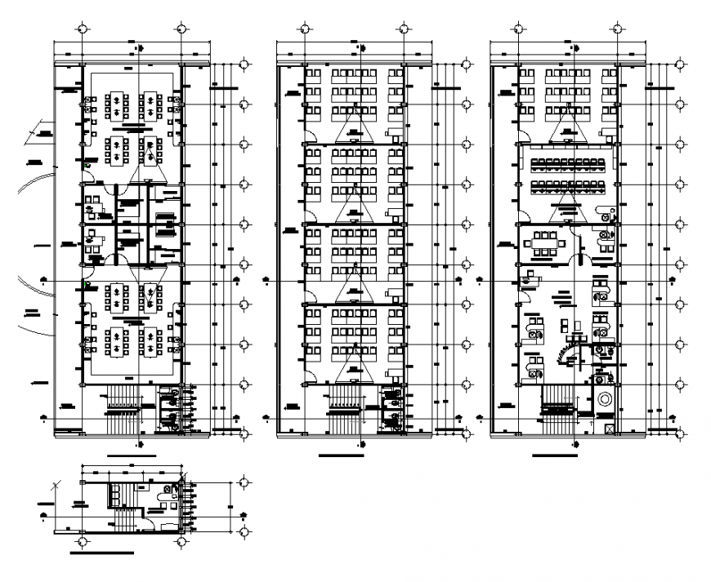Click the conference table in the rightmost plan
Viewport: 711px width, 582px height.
[x=544, y=242]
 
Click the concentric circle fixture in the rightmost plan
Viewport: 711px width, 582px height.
[x=606, y=401]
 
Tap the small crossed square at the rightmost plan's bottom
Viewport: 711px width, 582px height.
[x=608, y=427]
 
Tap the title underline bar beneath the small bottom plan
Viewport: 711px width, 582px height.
[x=102, y=553]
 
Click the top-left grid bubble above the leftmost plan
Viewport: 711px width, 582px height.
[x=81, y=29]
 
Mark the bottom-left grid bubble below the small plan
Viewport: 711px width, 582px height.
[x=81, y=541]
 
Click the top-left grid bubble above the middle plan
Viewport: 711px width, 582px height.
[x=303, y=29]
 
